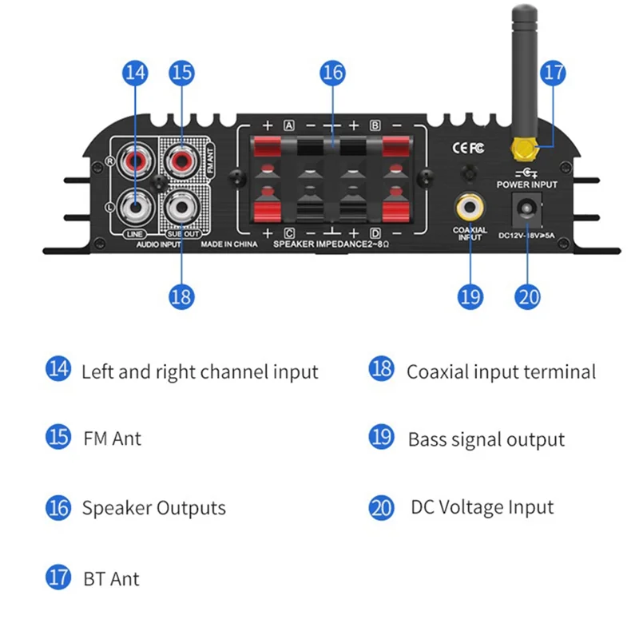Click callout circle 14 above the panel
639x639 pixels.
tap(136, 73)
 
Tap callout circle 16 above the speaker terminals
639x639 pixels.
tap(332, 73)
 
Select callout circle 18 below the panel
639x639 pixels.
tap(182, 296)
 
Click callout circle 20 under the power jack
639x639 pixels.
tap(528, 296)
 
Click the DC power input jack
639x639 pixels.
tap(526, 209)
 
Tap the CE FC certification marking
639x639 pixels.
tap(469, 147)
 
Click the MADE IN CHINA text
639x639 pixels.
tap(229, 244)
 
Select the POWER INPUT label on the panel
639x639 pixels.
tap(526, 185)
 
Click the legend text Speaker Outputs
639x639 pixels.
tap(153, 508)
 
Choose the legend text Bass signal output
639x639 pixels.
tap(486, 439)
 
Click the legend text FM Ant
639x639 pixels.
tap(113, 439)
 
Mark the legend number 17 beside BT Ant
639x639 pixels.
tap(58, 577)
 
